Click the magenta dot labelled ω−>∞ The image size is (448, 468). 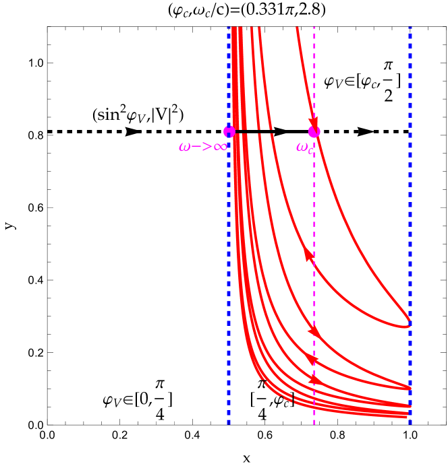(x=229, y=131)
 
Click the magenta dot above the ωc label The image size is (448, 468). (x=314, y=131)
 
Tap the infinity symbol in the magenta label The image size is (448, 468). (x=220, y=146)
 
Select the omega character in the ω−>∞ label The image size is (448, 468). (x=185, y=146)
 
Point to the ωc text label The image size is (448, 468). (x=304, y=147)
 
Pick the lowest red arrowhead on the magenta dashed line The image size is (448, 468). (x=314, y=379)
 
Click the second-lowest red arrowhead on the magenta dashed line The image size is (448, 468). (x=313, y=360)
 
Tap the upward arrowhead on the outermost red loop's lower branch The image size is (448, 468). (x=308, y=254)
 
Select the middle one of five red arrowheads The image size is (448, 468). (x=314, y=331)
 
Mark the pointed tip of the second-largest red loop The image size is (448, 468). (x=410, y=388)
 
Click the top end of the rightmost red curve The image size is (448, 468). (x=296, y=28)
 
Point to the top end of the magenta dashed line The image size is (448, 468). (x=314, y=28)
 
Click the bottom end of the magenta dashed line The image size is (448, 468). (x=314, y=424)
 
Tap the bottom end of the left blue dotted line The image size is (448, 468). (x=229, y=424)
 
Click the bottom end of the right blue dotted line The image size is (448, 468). (x=410, y=424)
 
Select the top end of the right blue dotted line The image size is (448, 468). (x=410, y=28)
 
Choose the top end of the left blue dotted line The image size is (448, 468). (x=229, y=28)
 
